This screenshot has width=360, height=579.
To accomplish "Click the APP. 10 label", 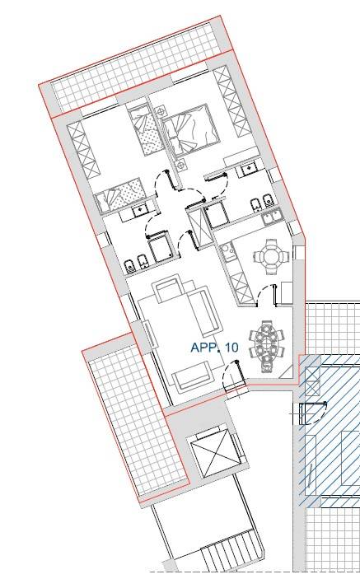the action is pyautogui.click(x=214, y=348).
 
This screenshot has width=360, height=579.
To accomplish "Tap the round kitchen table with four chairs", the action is pyautogui.click(x=271, y=256).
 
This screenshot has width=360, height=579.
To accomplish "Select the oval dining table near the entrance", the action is pyautogui.click(x=267, y=346).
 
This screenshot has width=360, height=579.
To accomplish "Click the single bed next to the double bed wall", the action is pyautogui.click(x=146, y=130).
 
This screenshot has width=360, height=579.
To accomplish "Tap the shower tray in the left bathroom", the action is pyautogui.click(x=161, y=246).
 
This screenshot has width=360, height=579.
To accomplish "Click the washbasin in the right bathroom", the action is pyautogui.click(x=247, y=170).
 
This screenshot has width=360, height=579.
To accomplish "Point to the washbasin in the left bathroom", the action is pyautogui.click(x=140, y=211).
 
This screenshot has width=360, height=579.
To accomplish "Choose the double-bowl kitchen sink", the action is pyautogui.click(x=274, y=217).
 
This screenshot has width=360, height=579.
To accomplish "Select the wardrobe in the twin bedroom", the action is pyautogui.click(x=83, y=150).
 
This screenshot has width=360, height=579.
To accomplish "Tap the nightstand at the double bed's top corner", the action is pyautogui.click(x=161, y=110).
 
